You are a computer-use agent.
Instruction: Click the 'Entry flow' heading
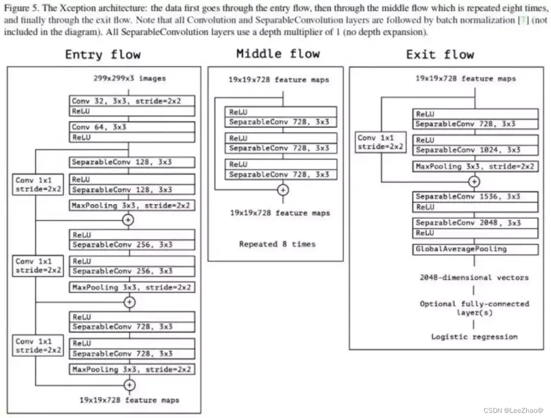point(103,55)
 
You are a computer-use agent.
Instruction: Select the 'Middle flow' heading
point(278,54)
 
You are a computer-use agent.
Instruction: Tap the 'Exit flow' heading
point(440,54)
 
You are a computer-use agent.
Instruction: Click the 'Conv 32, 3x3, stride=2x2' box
point(132,101)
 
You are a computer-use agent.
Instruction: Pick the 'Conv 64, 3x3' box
point(132,127)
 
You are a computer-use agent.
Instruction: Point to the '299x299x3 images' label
point(129,78)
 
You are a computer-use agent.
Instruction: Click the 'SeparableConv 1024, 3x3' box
point(475,150)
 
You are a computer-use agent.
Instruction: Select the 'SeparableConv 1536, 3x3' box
point(475,196)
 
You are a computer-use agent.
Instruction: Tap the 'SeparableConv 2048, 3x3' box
point(475,223)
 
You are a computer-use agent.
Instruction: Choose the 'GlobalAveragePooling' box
point(475,249)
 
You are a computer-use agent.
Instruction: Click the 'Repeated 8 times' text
point(277,244)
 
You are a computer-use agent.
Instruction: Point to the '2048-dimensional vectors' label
point(474,277)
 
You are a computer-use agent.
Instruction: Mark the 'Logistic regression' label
point(474,336)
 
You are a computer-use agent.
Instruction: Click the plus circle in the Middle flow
point(283,190)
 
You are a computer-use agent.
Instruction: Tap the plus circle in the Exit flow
point(474,181)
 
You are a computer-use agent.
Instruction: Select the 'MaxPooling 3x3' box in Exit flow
point(475,166)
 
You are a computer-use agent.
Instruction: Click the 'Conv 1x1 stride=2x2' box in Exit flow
point(381,142)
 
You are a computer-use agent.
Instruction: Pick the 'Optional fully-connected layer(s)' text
point(474,308)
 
